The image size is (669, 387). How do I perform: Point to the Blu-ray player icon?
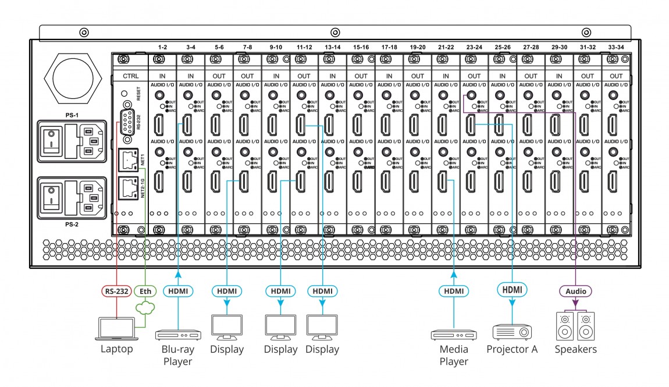click(x=177, y=335)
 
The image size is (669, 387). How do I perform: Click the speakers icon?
click(x=575, y=326)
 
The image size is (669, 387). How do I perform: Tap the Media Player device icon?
click(x=453, y=335)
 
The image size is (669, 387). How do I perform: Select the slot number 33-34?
click(x=616, y=47)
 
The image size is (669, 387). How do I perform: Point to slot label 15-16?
click(x=361, y=47)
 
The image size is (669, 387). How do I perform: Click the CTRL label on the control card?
click(x=130, y=76)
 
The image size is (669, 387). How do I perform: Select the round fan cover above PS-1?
click(x=73, y=78)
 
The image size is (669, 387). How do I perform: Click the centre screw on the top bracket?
click(x=334, y=33)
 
